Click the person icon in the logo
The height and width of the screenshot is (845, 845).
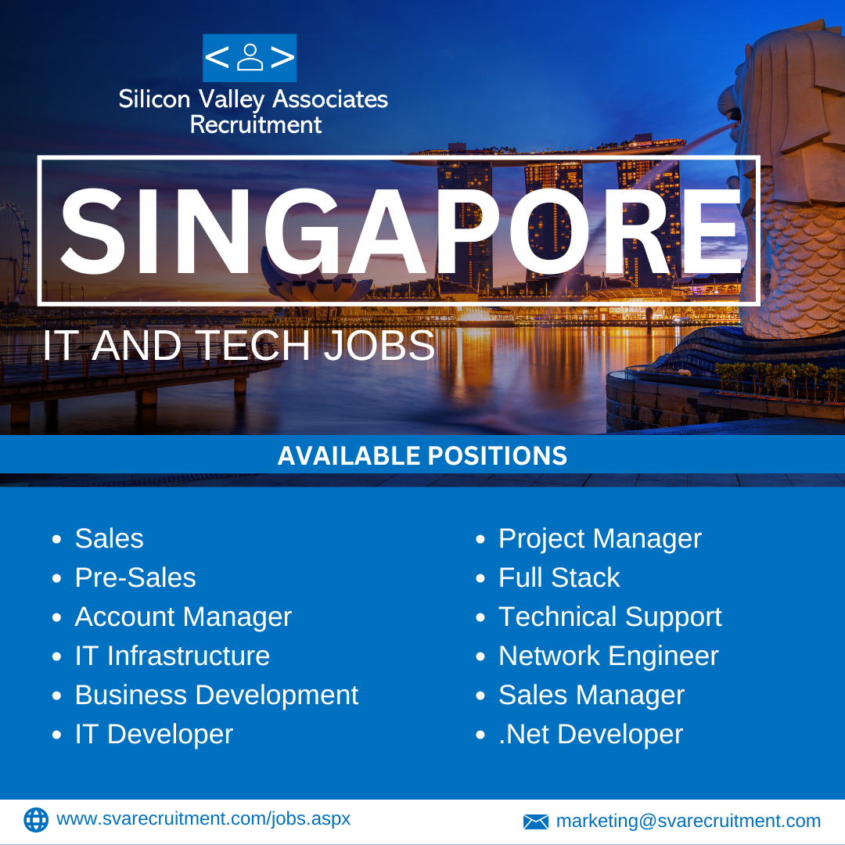[250, 58]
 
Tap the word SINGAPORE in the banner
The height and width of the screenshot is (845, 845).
[401, 232]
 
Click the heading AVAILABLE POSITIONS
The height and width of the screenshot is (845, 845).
[422, 455]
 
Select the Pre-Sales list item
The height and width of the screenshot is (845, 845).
[135, 577]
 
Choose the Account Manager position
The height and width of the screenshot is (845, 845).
[183, 617]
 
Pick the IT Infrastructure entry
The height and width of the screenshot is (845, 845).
[172, 656]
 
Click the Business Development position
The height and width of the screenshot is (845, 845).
[217, 696]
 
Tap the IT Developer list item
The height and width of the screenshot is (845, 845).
[154, 735]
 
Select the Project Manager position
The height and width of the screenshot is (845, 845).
[600, 539]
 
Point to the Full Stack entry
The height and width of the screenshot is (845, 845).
[559, 577]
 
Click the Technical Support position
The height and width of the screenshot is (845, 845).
[610, 617]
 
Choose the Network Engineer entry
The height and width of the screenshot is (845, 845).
[609, 656]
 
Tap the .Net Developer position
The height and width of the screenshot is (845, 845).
[591, 735]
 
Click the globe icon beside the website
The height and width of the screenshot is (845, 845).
[36, 820]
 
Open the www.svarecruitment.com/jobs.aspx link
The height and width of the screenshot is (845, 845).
[203, 819]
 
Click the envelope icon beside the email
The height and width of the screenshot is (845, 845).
[536, 822]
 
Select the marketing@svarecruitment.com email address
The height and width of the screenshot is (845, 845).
[689, 822]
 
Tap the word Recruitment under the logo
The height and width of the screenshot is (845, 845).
[256, 125]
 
